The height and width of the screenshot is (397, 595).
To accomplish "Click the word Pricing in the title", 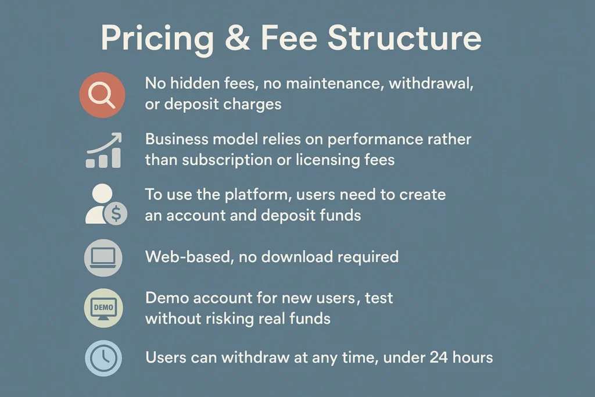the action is click(157, 40).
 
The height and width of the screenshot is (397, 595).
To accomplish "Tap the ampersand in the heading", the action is click(238, 38).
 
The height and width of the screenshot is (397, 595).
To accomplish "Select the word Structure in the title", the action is click(404, 38).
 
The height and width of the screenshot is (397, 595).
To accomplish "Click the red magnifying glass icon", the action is click(102, 95).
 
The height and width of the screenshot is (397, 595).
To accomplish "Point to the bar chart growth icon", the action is click(103, 151).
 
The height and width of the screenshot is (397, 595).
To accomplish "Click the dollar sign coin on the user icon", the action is click(116, 213).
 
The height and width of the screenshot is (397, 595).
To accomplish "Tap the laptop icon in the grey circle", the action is click(103, 257).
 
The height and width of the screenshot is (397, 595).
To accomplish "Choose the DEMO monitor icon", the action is click(103, 308).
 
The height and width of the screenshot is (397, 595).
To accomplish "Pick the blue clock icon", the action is click(103, 358).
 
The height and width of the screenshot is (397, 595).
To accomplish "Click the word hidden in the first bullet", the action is click(194, 83).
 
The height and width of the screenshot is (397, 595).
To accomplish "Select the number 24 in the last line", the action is click(438, 357).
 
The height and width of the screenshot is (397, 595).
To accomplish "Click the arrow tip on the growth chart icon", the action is click(120, 134).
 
